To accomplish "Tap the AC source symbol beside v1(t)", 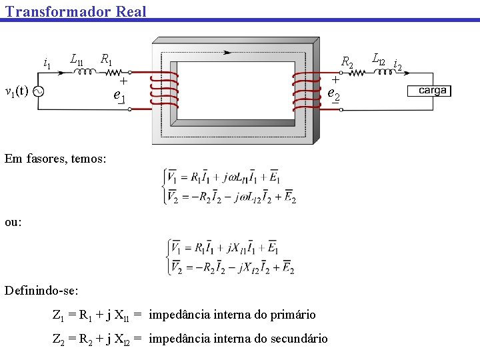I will click(x=39, y=91).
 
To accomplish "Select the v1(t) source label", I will click(x=17, y=91).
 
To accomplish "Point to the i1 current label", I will click(x=47, y=64).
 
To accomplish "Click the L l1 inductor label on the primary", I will click(x=77, y=59).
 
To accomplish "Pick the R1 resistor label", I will click(x=106, y=59).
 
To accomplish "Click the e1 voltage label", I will click(x=120, y=96).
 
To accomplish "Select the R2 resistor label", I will click(x=347, y=63).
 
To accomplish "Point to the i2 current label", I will click(x=397, y=65).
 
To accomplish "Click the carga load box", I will click(x=432, y=91).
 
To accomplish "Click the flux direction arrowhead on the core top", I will click(x=229, y=52).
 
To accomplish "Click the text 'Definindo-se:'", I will click(x=51, y=291).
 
